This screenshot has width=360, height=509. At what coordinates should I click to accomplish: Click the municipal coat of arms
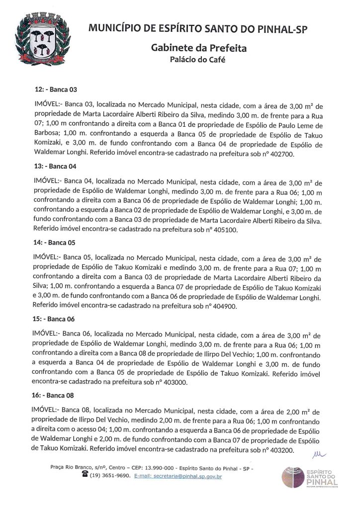click(40, 38)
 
